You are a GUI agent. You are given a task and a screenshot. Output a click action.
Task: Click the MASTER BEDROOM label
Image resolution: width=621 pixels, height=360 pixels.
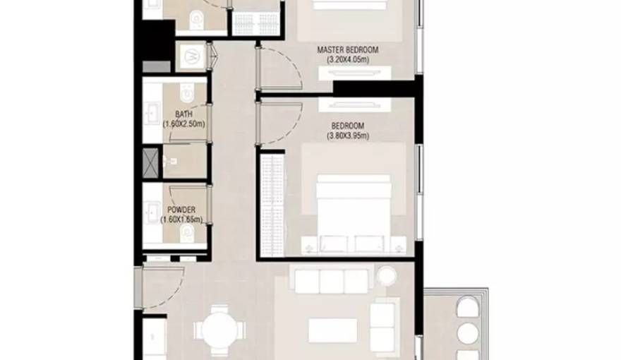[x=347, y=50]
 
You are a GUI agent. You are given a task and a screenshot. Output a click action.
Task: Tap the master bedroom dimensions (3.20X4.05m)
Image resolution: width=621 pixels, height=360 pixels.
[x=348, y=60]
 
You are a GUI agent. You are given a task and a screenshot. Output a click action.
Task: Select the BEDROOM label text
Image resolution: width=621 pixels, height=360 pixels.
[x=348, y=126]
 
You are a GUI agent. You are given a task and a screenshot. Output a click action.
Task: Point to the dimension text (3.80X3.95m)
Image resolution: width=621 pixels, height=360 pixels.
[x=348, y=136]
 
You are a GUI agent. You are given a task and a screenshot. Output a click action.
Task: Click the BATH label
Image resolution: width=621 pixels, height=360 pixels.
[x=183, y=114]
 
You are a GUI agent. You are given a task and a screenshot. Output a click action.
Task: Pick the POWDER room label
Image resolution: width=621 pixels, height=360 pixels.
[x=181, y=210]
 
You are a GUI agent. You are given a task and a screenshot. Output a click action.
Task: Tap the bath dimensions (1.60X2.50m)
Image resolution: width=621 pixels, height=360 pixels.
[x=183, y=124]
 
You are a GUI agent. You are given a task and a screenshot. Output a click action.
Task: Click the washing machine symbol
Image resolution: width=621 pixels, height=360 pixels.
[x=192, y=56]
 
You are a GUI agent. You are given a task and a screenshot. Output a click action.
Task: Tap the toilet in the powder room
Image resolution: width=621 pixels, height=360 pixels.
[x=186, y=234]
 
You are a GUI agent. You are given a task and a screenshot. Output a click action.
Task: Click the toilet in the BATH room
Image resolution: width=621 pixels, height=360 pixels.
[x=186, y=92]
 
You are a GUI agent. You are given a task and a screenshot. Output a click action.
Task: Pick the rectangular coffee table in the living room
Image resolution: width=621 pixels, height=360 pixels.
[x=332, y=330]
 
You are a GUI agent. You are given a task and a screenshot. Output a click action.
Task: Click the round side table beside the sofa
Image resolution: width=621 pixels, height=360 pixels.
[x=387, y=275]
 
